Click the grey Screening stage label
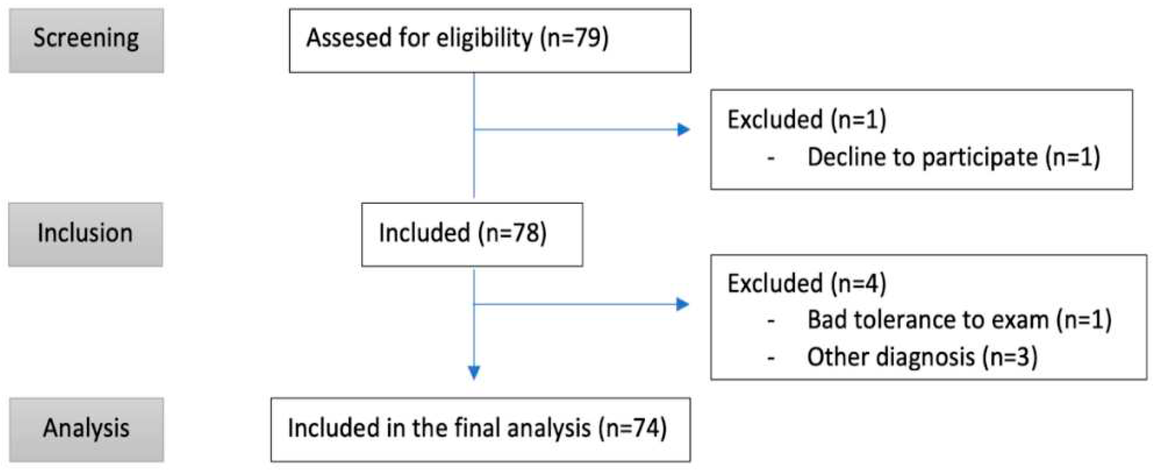tap(86, 40)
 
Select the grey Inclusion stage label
tap(85, 234)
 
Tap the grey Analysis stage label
tap(86, 429)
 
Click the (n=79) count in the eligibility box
tap(574, 39)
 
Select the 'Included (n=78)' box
tap(472, 234)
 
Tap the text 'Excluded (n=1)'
tap(807, 120)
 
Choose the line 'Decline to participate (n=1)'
tap(953, 157)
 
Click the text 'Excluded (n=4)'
tap(807, 284)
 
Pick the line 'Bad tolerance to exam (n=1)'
tap(959, 321)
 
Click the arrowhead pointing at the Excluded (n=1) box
tap(683, 130)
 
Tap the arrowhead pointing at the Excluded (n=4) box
tap(682, 304)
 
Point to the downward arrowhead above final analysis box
tap(474, 372)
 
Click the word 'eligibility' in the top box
tap(484, 39)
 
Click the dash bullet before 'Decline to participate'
tap(771, 159)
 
